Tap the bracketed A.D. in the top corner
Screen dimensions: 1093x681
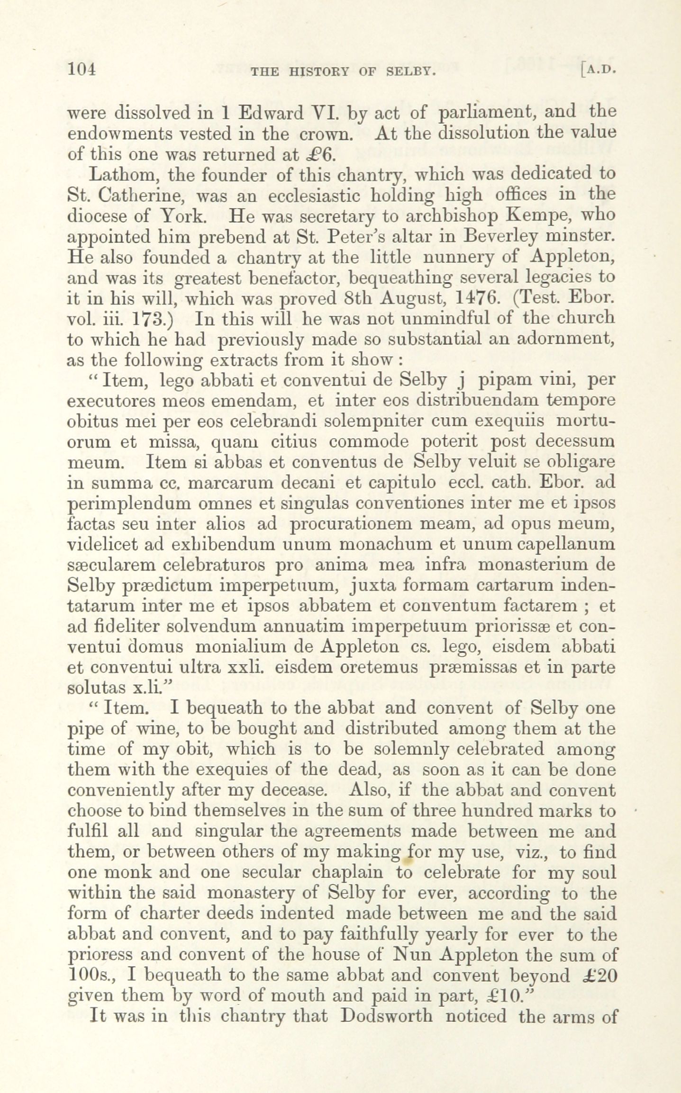598,71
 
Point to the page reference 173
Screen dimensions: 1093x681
151,320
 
